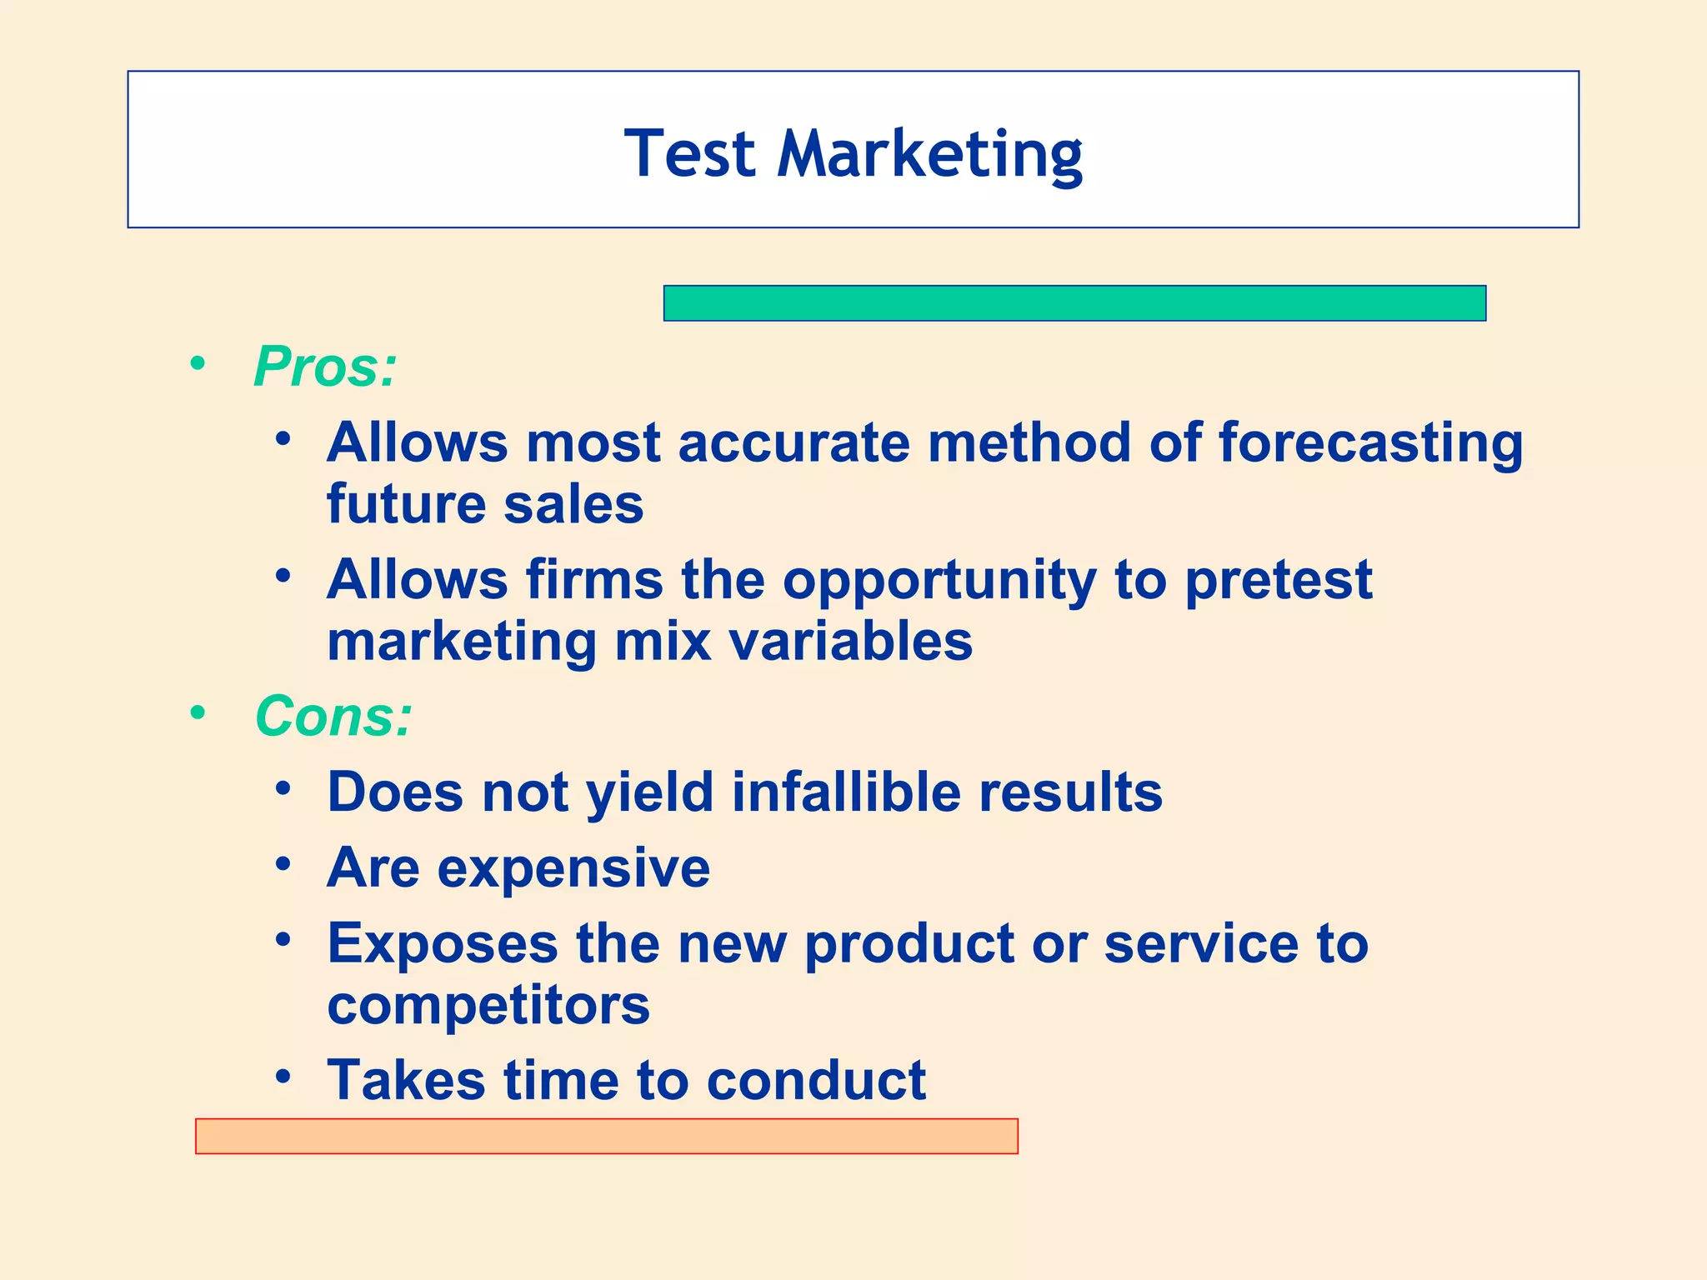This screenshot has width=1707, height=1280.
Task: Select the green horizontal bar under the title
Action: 1074,303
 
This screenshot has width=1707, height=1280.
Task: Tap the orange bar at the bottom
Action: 606,1136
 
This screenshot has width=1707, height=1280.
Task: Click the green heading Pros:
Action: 325,367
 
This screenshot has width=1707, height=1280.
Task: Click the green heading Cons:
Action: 333,717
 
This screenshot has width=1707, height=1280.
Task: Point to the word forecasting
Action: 1370,443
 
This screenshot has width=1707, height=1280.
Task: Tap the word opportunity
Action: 939,581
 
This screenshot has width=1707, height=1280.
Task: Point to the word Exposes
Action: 443,944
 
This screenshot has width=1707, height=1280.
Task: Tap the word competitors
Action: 488,1006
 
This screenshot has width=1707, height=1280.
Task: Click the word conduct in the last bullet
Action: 816,1081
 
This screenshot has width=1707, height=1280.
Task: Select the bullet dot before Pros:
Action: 198,363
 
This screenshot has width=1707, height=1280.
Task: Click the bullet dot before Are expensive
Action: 283,864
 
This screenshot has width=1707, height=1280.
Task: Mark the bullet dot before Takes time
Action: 283,1077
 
